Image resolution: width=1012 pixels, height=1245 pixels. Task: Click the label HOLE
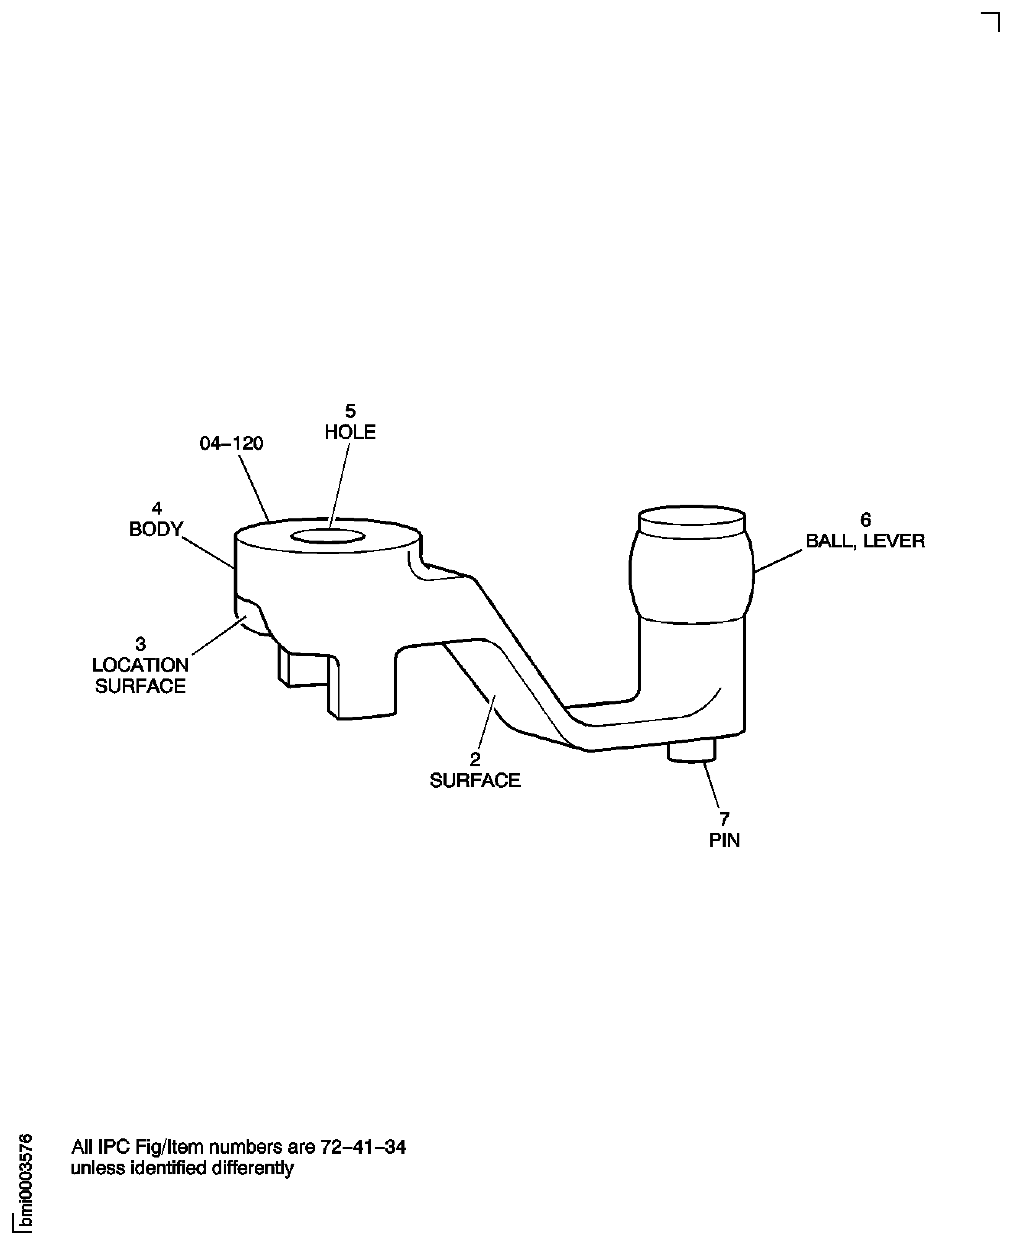tap(350, 432)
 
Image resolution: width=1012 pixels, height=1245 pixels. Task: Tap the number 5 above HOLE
tap(350, 411)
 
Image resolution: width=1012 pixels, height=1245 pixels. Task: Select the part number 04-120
tap(231, 444)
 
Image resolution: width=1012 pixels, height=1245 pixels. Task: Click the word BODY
tap(156, 529)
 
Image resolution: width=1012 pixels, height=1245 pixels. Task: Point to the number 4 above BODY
tap(156, 508)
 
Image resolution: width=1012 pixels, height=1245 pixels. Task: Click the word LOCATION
tap(140, 665)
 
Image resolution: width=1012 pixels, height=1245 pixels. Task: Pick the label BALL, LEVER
tap(865, 541)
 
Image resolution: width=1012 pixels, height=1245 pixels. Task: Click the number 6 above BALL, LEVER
tap(866, 520)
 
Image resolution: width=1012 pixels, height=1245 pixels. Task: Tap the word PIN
tap(724, 841)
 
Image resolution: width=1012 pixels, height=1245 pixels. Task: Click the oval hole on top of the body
tap(328, 536)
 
